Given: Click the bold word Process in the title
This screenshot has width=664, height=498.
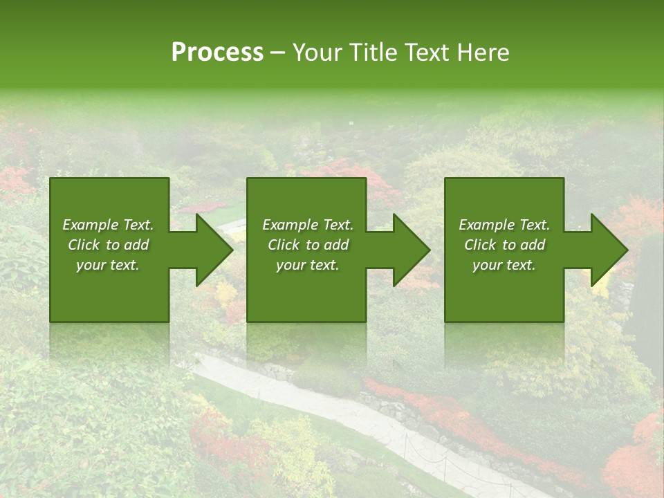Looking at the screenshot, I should (217, 53).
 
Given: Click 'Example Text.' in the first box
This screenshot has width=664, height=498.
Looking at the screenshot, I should (108, 225).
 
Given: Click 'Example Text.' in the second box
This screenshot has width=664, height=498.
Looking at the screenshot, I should (308, 225).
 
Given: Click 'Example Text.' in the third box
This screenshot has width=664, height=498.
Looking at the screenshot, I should (504, 225).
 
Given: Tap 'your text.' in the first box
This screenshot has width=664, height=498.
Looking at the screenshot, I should (108, 265).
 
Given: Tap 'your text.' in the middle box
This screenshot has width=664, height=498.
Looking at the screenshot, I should (308, 265).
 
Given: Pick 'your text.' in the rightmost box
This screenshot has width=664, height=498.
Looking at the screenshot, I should (504, 265).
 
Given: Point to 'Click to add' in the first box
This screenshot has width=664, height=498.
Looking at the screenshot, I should (108, 245).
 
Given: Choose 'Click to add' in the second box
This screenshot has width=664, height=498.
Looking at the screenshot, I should (308, 245).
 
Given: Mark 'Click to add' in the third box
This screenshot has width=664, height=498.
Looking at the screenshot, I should (504, 245).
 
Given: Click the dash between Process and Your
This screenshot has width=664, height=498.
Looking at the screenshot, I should (277, 53).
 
